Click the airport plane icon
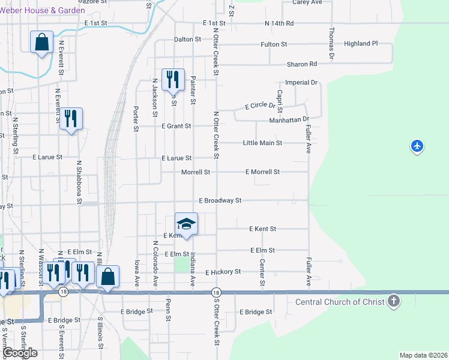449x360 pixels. (x=418, y=146)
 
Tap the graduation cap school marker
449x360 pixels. (x=186, y=223)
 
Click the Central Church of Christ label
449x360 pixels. (x=339, y=301)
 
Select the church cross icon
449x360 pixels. (x=394, y=301)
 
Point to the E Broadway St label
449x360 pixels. (x=220, y=200)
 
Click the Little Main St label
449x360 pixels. (x=262, y=143)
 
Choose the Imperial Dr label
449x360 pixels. (x=301, y=82)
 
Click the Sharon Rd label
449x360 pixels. (x=302, y=64)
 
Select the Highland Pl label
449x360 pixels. (x=361, y=44)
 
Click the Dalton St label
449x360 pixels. (x=187, y=39)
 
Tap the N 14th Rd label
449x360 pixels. (x=279, y=23)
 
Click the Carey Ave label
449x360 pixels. (x=307, y=2)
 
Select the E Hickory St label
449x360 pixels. (x=223, y=272)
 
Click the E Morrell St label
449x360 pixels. (x=262, y=172)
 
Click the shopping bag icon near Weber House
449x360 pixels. (x=41, y=42)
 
